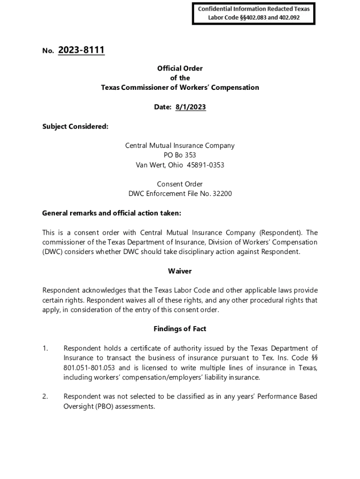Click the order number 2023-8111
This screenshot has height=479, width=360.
[81, 50]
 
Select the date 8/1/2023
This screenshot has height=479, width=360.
[190, 107]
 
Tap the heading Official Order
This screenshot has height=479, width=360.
[180, 68]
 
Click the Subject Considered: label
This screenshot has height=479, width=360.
[75, 126]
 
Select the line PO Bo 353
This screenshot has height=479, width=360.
[180, 155]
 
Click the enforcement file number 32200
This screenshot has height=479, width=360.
[222, 194]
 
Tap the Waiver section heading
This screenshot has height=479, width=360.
[180, 271]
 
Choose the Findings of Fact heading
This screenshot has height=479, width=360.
[180, 329]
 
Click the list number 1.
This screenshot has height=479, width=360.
[45, 348]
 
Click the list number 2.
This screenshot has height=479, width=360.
[45, 397]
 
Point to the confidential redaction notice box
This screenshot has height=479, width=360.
[254, 13]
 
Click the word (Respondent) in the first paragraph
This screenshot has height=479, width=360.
[281, 232]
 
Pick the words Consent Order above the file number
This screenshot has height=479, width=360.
[180, 184]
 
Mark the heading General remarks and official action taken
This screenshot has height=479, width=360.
[112, 213]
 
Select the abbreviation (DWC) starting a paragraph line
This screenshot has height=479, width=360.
[52, 252]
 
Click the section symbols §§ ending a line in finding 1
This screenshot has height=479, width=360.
[314, 358]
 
